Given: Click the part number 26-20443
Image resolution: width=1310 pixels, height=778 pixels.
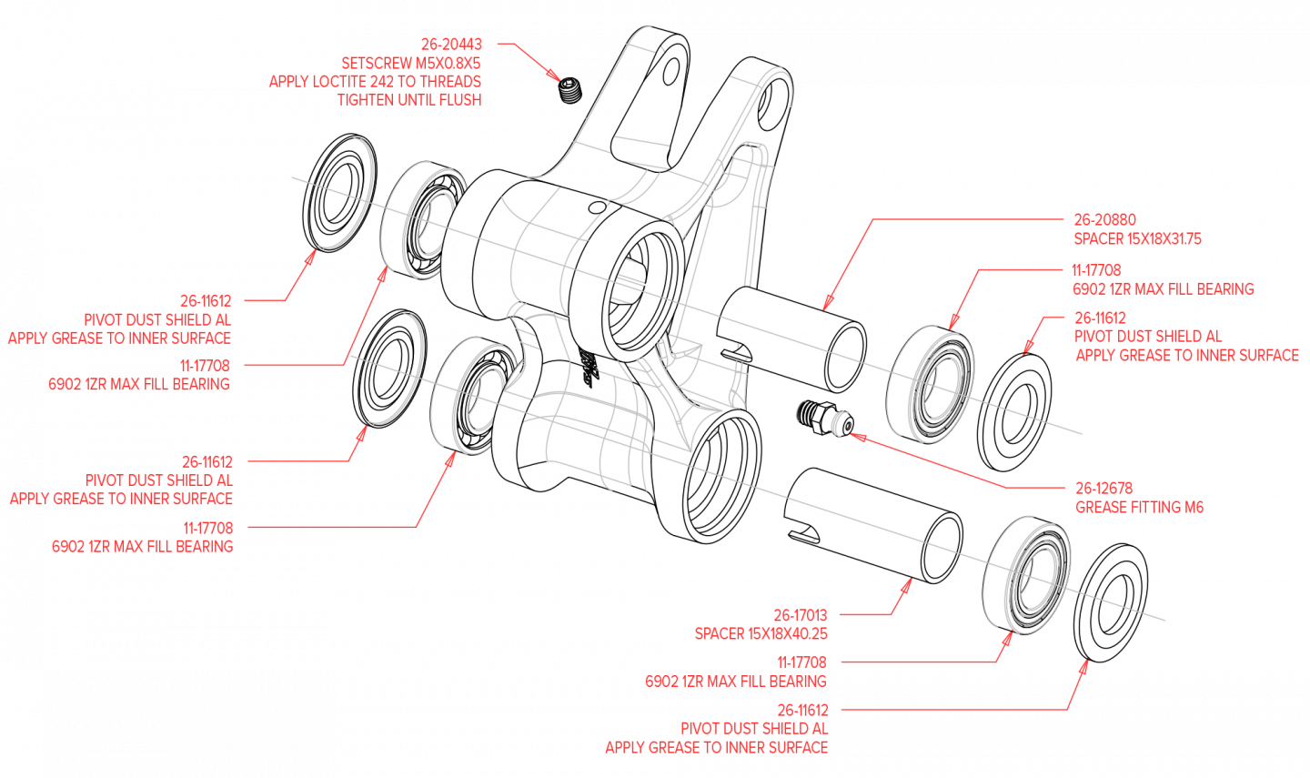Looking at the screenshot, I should pos(451,44).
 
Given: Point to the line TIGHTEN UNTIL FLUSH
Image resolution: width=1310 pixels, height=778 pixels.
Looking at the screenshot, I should pos(409,99).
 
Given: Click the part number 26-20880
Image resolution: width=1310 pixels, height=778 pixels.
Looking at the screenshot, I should pos(1104,219).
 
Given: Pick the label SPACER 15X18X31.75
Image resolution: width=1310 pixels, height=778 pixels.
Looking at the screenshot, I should pos(1137,238).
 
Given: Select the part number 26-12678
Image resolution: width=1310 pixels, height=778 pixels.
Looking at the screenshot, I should pos(1103,488).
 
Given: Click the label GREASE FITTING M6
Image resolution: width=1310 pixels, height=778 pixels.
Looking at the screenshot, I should pos(1139,507).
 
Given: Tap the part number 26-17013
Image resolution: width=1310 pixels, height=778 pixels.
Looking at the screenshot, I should pos(801,615).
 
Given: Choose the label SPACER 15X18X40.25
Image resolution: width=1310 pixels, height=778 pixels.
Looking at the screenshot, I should pos(761,633).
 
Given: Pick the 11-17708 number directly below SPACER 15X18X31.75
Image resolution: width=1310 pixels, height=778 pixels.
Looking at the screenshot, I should pos(1096,270).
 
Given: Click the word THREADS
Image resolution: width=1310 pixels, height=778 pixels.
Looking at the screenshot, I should pos(450,81).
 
